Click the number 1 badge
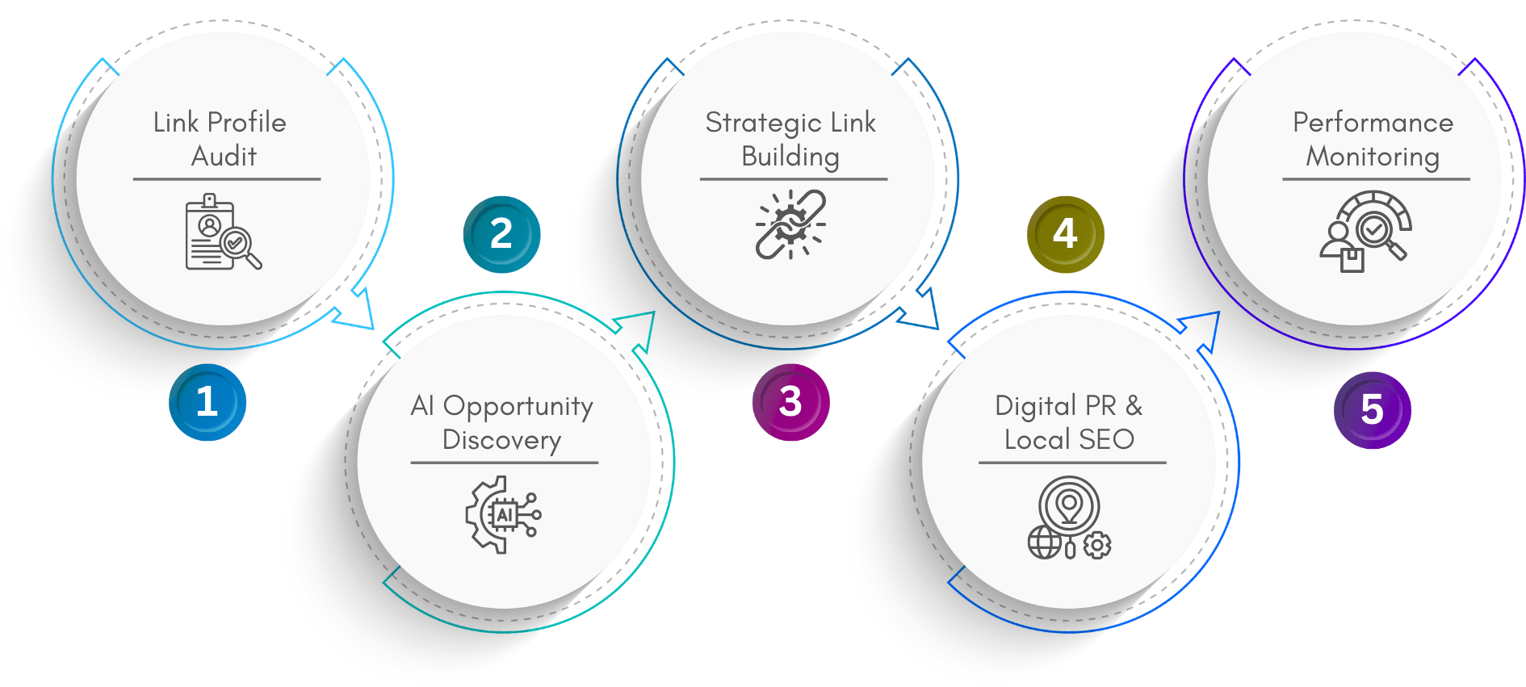tap(208, 402)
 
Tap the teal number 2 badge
tap(501, 234)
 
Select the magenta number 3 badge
tap(790, 402)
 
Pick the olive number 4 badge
tap(1065, 234)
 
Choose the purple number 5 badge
tap(1372, 409)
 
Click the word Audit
tap(224, 156)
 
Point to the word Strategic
tap(763, 123)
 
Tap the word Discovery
tap(501, 440)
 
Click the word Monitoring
tap(1373, 157)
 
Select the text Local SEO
tap(1069, 440)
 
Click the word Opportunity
tap(518, 406)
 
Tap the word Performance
tap(1373, 123)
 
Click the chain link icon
tap(790, 224)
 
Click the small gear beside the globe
tap(1096, 546)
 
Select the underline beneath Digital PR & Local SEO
tap(1072, 463)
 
